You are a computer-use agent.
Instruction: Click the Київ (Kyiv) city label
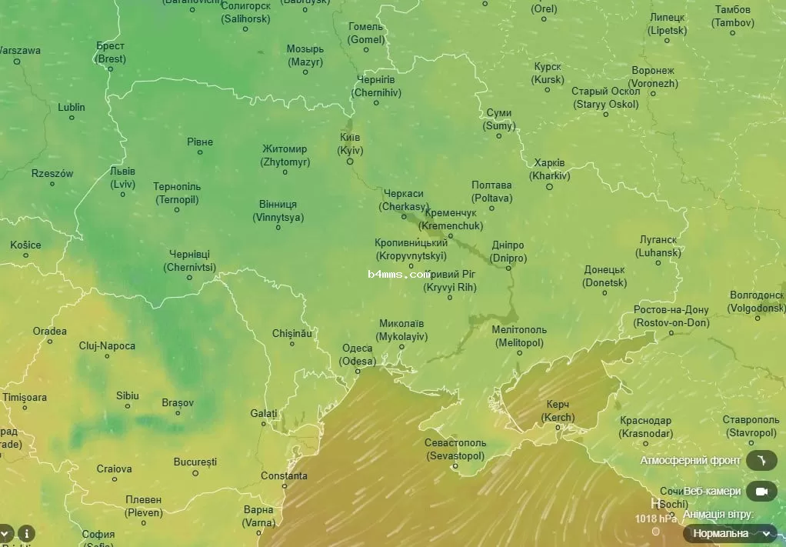pyautogui.click(x=350, y=144)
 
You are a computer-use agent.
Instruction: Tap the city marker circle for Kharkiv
pyautogui.click(x=549, y=186)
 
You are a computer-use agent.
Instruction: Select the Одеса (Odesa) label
pyautogui.click(x=358, y=355)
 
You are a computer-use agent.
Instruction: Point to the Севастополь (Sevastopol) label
pyautogui.click(x=455, y=449)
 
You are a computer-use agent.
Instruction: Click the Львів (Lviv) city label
pyautogui.click(x=122, y=178)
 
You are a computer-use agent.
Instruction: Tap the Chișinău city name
pyautogui.click(x=292, y=333)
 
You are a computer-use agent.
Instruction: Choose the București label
pyautogui.click(x=195, y=462)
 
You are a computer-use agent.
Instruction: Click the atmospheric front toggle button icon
pyautogui.click(x=761, y=460)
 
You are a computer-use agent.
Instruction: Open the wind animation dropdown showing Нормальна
pyautogui.click(x=730, y=533)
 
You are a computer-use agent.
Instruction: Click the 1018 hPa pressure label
pyautogui.click(x=655, y=518)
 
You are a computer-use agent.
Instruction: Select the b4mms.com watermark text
pyautogui.click(x=398, y=274)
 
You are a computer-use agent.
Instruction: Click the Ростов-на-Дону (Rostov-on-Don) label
pyautogui.click(x=671, y=316)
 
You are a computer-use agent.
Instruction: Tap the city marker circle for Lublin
pyautogui.click(x=72, y=118)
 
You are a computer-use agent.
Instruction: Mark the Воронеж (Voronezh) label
pyautogui.click(x=653, y=77)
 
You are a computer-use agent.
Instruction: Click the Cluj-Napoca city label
pyautogui.click(x=107, y=345)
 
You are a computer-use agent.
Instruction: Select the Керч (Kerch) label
pyautogui.click(x=558, y=411)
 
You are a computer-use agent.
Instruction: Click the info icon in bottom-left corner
pyautogui.click(x=27, y=533)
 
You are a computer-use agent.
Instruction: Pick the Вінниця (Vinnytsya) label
pyautogui.click(x=278, y=211)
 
